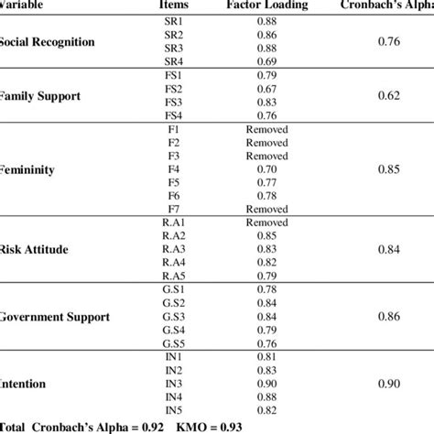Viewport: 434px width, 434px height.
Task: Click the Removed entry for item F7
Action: (x=266, y=209)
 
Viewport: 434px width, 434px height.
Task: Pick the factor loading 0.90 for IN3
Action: (x=266, y=385)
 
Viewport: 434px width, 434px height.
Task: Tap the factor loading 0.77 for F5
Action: (x=266, y=182)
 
